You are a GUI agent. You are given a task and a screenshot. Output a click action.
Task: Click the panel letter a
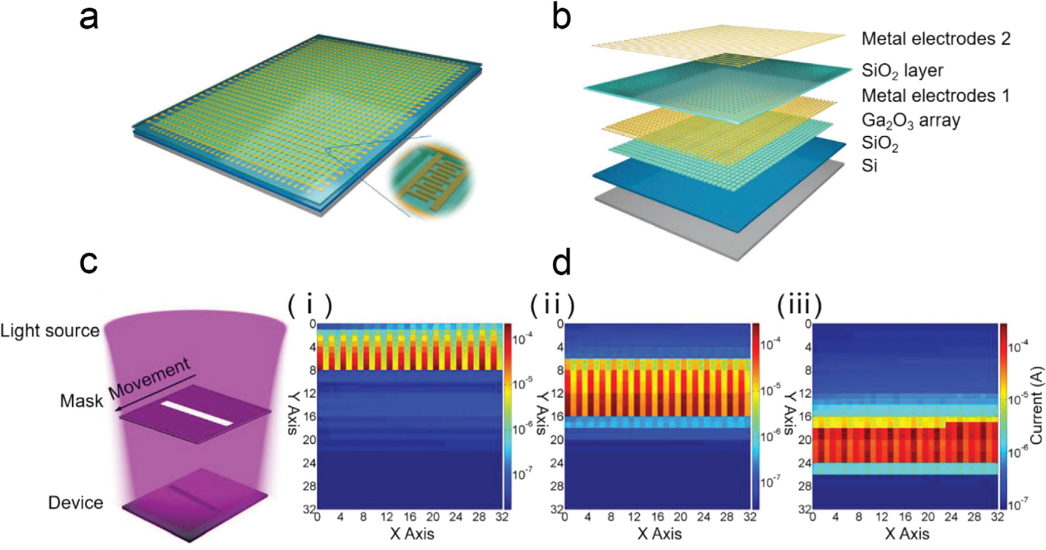tap(89, 17)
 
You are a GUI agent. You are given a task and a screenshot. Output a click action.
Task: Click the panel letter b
tap(561, 17)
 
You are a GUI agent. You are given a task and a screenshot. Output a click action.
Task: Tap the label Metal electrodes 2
tap(936, 39)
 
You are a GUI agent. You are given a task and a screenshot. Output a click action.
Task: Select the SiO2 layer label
tap(902, 70)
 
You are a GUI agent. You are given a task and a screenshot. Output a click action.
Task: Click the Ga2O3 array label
tap(910, 121)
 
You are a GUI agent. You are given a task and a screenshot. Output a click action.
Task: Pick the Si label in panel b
tap(869, 166)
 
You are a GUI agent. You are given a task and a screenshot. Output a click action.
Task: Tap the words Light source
tap(50, 331)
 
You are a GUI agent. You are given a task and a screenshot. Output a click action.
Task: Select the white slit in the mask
tap(196, 413)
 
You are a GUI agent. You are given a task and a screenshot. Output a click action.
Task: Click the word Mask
tap(81, 401)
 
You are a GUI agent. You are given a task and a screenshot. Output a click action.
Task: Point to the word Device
tap(76, 503)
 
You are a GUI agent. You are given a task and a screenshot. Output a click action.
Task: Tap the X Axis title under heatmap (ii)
tap(659, 534)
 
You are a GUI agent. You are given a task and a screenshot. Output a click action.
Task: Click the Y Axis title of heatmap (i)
tap(293, 413)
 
